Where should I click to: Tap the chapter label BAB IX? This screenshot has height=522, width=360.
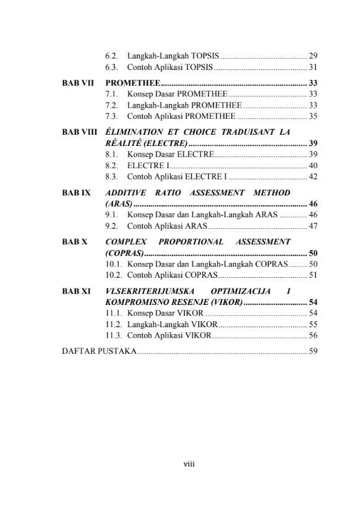77,192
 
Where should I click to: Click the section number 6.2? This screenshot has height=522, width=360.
112,56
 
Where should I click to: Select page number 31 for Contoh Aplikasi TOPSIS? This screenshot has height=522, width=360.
313,67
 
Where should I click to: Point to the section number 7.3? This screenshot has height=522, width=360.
112,116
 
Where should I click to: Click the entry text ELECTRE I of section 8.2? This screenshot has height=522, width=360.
147,165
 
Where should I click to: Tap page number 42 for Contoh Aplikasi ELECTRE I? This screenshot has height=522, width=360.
313,177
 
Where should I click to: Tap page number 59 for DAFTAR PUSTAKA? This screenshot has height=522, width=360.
313,351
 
